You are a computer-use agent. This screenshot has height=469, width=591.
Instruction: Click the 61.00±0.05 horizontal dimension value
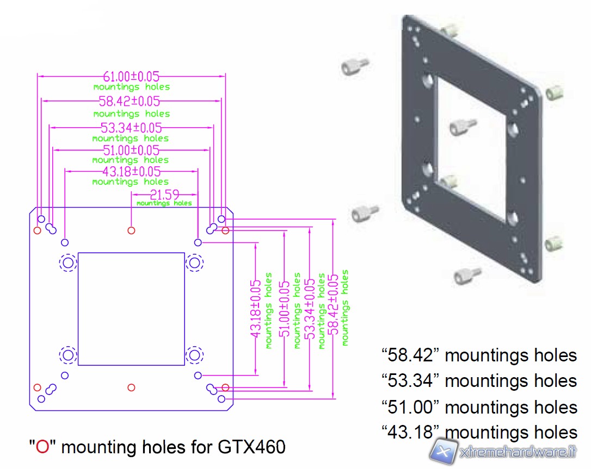tap(131, 77)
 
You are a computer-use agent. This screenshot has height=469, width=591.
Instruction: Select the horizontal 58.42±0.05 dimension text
tap(129, 101)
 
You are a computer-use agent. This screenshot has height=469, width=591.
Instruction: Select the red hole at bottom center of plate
tap(131, 387)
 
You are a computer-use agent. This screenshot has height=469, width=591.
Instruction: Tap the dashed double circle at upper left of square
tap(68, 263)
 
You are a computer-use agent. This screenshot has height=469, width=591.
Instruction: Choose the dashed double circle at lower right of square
tap(194, 355)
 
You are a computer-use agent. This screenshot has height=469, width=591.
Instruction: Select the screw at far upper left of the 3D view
tap(354, 67)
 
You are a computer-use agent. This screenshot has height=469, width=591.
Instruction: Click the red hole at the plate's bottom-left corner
tap(37, 387)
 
